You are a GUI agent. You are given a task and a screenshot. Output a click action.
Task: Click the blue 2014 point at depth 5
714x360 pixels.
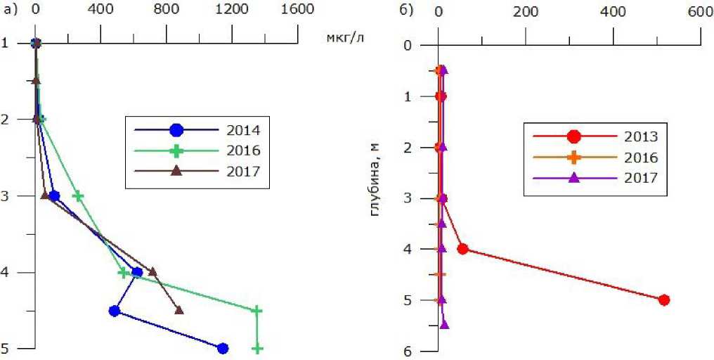[223, 348]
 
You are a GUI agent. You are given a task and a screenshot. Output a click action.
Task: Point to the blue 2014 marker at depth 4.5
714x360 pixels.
[115, 310]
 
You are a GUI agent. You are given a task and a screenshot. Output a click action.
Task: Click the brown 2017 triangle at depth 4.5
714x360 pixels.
[179, 309]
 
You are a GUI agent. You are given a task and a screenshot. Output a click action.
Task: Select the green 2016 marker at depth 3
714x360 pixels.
[78, 196]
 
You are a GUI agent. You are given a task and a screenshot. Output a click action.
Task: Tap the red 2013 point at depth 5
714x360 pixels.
[664, 300]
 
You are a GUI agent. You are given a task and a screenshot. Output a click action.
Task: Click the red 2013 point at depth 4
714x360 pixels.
[462, 249]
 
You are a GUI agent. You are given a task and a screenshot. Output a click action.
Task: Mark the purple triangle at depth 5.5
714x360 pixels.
[444, 324]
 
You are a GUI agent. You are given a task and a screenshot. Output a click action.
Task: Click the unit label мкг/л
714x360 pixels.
[346, 37]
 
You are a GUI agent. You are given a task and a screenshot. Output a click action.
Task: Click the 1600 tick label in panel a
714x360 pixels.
[298, 10]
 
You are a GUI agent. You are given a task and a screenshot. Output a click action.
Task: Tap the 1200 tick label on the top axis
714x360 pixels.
[232, 10]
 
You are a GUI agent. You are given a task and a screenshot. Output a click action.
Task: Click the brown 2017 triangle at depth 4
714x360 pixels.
[152, 271]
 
